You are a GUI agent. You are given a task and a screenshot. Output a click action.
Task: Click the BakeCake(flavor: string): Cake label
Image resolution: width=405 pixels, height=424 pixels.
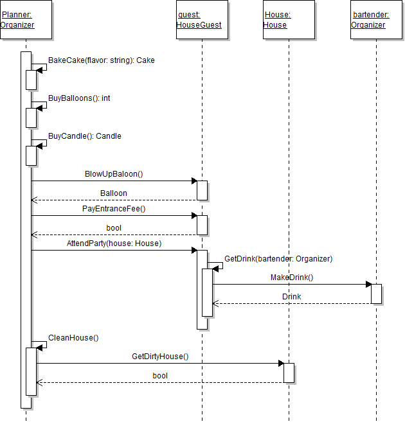[x=101, y=60]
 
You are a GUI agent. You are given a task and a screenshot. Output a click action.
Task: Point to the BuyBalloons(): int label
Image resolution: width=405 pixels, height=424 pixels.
[x=79, y=98]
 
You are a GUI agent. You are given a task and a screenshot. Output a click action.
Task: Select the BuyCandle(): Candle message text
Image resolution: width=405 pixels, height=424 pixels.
[x=85, y=136]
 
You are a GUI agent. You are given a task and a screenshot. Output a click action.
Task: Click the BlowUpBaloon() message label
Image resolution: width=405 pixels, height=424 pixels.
[x=114, y=173]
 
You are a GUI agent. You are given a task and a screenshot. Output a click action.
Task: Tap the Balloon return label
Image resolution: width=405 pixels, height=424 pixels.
[x=114, y=193]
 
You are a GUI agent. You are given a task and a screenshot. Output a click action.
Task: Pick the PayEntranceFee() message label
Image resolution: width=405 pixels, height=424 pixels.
[x=114, y=208]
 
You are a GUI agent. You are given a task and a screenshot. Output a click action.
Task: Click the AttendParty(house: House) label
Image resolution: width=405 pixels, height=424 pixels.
[x=114, y=243]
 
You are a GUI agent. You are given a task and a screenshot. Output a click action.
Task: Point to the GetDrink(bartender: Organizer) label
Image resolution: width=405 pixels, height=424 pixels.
[x=278, y=259]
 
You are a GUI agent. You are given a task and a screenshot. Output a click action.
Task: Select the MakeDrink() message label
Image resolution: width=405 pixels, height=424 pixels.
[x=292, y=278]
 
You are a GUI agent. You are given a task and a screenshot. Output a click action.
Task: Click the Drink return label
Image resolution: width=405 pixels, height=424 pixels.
[x=292, y=296]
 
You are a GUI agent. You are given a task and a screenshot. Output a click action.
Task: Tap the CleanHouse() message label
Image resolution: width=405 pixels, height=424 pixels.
[x=73, y=337]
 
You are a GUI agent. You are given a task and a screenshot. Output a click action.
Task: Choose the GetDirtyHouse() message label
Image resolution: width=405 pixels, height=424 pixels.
[x=160, y=356]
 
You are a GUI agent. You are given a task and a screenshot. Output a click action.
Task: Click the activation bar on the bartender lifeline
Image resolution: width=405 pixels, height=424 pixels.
[x=376, y=294]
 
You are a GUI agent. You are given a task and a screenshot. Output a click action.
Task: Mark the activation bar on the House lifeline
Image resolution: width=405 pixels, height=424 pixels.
[x=289, y=373]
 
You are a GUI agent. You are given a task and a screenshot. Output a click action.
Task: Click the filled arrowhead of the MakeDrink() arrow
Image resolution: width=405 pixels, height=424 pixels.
[x=368, y=285]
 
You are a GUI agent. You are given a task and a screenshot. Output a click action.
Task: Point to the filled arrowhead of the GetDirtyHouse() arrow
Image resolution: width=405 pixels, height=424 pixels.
[x=281, y=364]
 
